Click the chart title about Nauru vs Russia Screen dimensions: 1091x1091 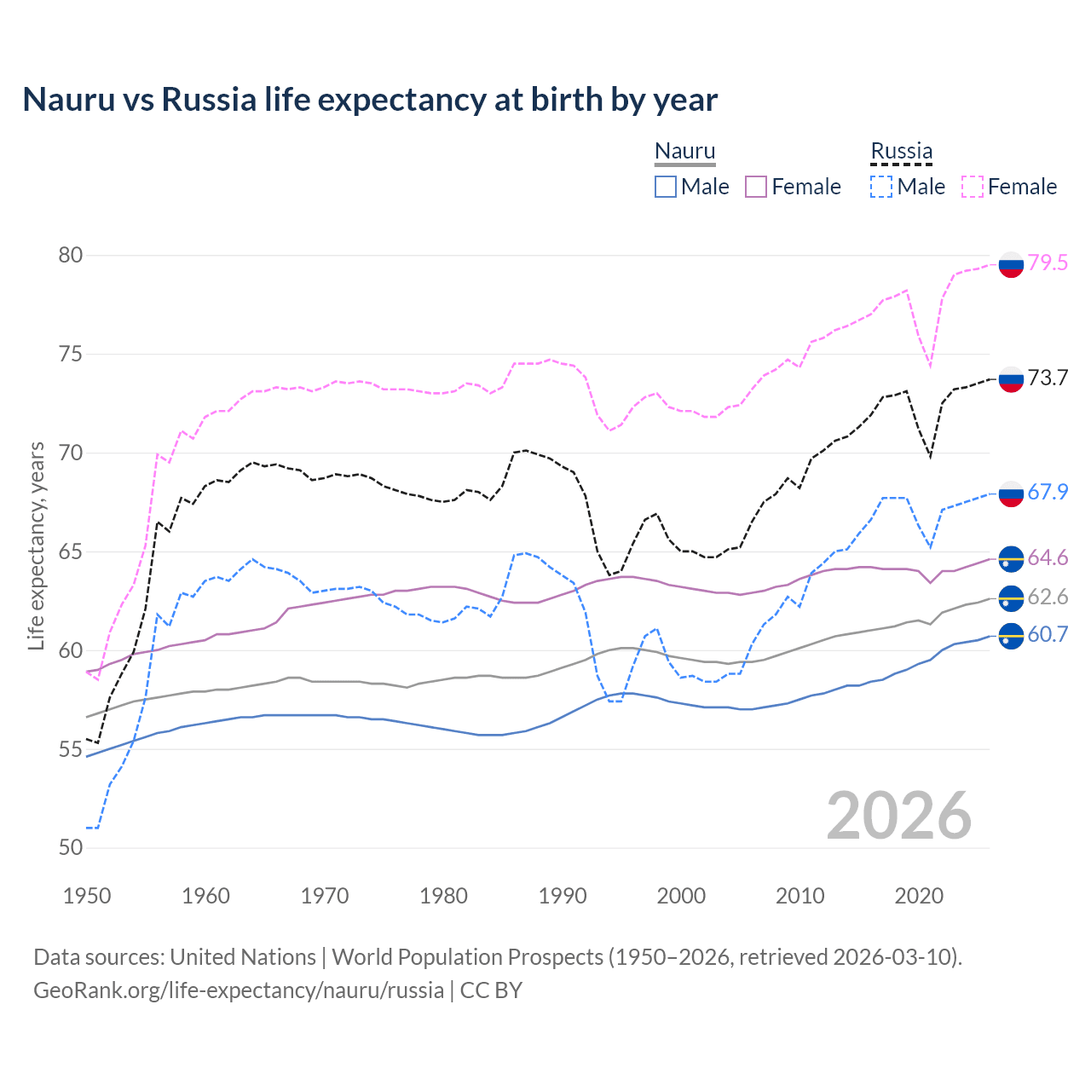pyautogui.click(x=370, y=100)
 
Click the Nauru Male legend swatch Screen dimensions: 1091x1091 pyautogui.click(x=666, y=187)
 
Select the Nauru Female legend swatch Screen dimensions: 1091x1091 pyautogui.click(x=756, y=187)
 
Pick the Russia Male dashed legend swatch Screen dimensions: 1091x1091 pyautogui.click(x=881, y=187)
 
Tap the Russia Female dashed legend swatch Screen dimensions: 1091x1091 pyautogui.click(x=973, y=187)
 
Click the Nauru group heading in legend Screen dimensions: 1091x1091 pyautogui.click(x=684, y=152)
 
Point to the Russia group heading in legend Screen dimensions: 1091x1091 pyautogui.click(x=901, y=152)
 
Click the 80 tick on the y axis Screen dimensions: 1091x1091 pyautogui.click(x=71, y=256)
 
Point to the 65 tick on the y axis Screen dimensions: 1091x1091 pyautogui.click(x=71, y=552)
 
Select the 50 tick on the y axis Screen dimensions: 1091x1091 pyautogui.click(x=71, y=848)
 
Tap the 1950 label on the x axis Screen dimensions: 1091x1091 pyautogui.click(x=87, y=896)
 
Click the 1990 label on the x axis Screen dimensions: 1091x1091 pyautogui.click(x=563, y=896)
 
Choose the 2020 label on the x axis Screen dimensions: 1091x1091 pyautogui.click(x=919, y=896)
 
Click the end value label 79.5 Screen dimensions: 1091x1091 pyautogui.click(x=1048, y=263)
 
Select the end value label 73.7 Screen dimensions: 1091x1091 pyautogui.click(x=1048, y=378)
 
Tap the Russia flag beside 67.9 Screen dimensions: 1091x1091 pyautogui.click(x=1011, y=493)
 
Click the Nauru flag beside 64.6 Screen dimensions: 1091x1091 pyautogui.click(x=1011, y=558)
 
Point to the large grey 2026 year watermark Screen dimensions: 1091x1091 pyautogui.click(x=898, y=816)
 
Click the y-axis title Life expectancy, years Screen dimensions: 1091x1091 pyautogui.click(x=37, y=545)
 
